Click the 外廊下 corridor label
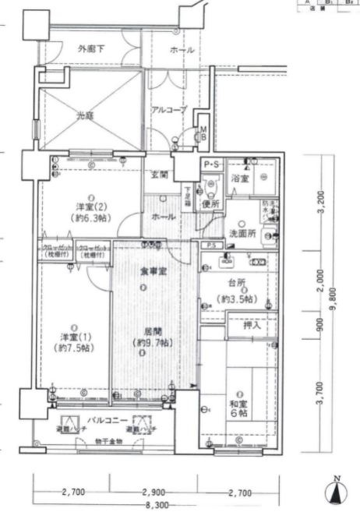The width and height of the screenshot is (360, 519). (92, 50)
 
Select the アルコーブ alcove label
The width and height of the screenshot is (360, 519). (169, 110)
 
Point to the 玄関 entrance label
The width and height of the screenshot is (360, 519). (159, 175)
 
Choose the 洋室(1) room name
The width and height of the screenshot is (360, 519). (76, 337)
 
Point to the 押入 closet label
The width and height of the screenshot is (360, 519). (251, 323)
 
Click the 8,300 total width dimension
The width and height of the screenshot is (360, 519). (157, 505)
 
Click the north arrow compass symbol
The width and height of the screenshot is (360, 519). (335, 490)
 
